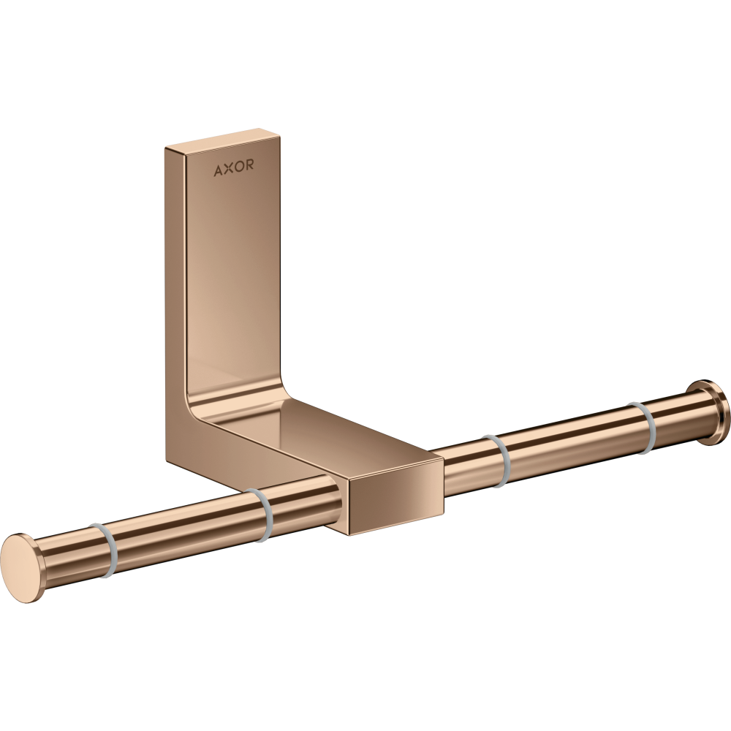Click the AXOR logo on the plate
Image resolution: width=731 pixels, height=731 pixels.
point(234,169)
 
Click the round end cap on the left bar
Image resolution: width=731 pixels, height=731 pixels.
point(23,569)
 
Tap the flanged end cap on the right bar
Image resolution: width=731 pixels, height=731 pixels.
point(711,412)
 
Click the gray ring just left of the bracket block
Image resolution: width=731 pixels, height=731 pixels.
point(260,515)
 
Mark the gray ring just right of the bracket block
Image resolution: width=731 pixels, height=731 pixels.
point(496,460)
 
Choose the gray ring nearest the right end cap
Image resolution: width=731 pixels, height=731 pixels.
point(641,427)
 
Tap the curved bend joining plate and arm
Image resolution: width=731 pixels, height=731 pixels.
point(212,409)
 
